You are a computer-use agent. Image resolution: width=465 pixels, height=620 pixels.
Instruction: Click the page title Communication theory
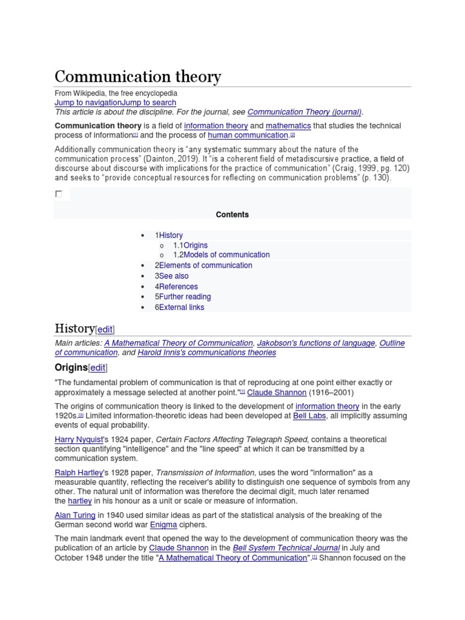click(138, 77)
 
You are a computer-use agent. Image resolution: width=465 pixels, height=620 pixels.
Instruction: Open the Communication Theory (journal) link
click(305, 112)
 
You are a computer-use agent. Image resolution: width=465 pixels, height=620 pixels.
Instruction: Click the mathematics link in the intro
click(288, 126)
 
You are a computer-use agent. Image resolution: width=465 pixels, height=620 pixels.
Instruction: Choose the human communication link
click(248, 136)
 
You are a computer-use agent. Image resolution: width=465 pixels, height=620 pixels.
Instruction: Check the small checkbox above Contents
click(59, 194)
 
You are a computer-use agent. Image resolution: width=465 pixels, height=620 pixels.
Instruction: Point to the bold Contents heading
click(232, 214)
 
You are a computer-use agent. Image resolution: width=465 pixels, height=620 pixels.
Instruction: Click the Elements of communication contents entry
click(205, 266)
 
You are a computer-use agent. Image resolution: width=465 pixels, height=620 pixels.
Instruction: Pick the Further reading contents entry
click(185, 297)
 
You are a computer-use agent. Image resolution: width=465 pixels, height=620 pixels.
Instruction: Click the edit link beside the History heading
click(105, 329)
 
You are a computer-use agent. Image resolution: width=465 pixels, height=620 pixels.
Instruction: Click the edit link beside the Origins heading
click(98, 368)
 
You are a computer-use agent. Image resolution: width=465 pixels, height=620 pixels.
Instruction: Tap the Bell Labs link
click(309, 416)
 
